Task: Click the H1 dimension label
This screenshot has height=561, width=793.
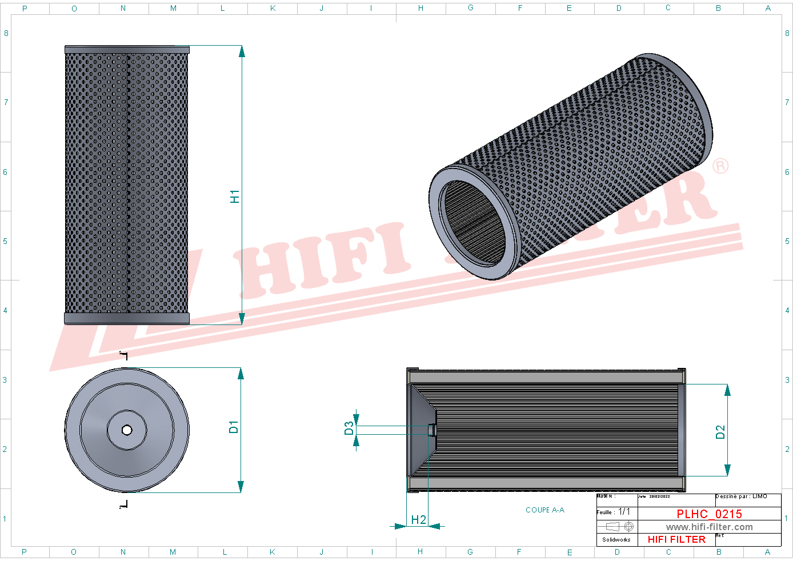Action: point(235,197)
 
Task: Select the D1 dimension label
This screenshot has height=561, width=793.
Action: point(234,427)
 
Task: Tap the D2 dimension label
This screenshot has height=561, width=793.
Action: point(720,432)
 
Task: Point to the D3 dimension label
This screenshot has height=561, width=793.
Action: point(349,428)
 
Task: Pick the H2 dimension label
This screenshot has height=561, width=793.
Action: point(419,519)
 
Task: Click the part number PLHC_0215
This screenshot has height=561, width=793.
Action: point(709,514)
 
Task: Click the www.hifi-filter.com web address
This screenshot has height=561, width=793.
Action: point(709,527)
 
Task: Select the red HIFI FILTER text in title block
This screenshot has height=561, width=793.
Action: point(676,539)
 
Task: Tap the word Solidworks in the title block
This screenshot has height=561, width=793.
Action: point(616,539)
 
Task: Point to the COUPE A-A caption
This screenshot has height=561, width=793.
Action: point(544,510)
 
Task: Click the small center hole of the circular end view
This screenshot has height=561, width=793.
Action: point(127,430)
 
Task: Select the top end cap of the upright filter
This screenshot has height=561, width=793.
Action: point(127,50)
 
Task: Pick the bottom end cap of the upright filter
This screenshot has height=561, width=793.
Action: point(127,318)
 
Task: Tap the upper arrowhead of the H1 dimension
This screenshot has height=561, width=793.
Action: point(242,51)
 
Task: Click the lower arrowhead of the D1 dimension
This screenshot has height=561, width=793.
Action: point(241,487)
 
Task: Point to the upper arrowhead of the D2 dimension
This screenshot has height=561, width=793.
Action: point(727,390)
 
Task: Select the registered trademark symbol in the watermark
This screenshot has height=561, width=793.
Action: point(720,166)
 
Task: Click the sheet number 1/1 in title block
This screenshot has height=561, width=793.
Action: point(624,512)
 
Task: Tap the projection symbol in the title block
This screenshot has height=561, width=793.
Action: point(620,526)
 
